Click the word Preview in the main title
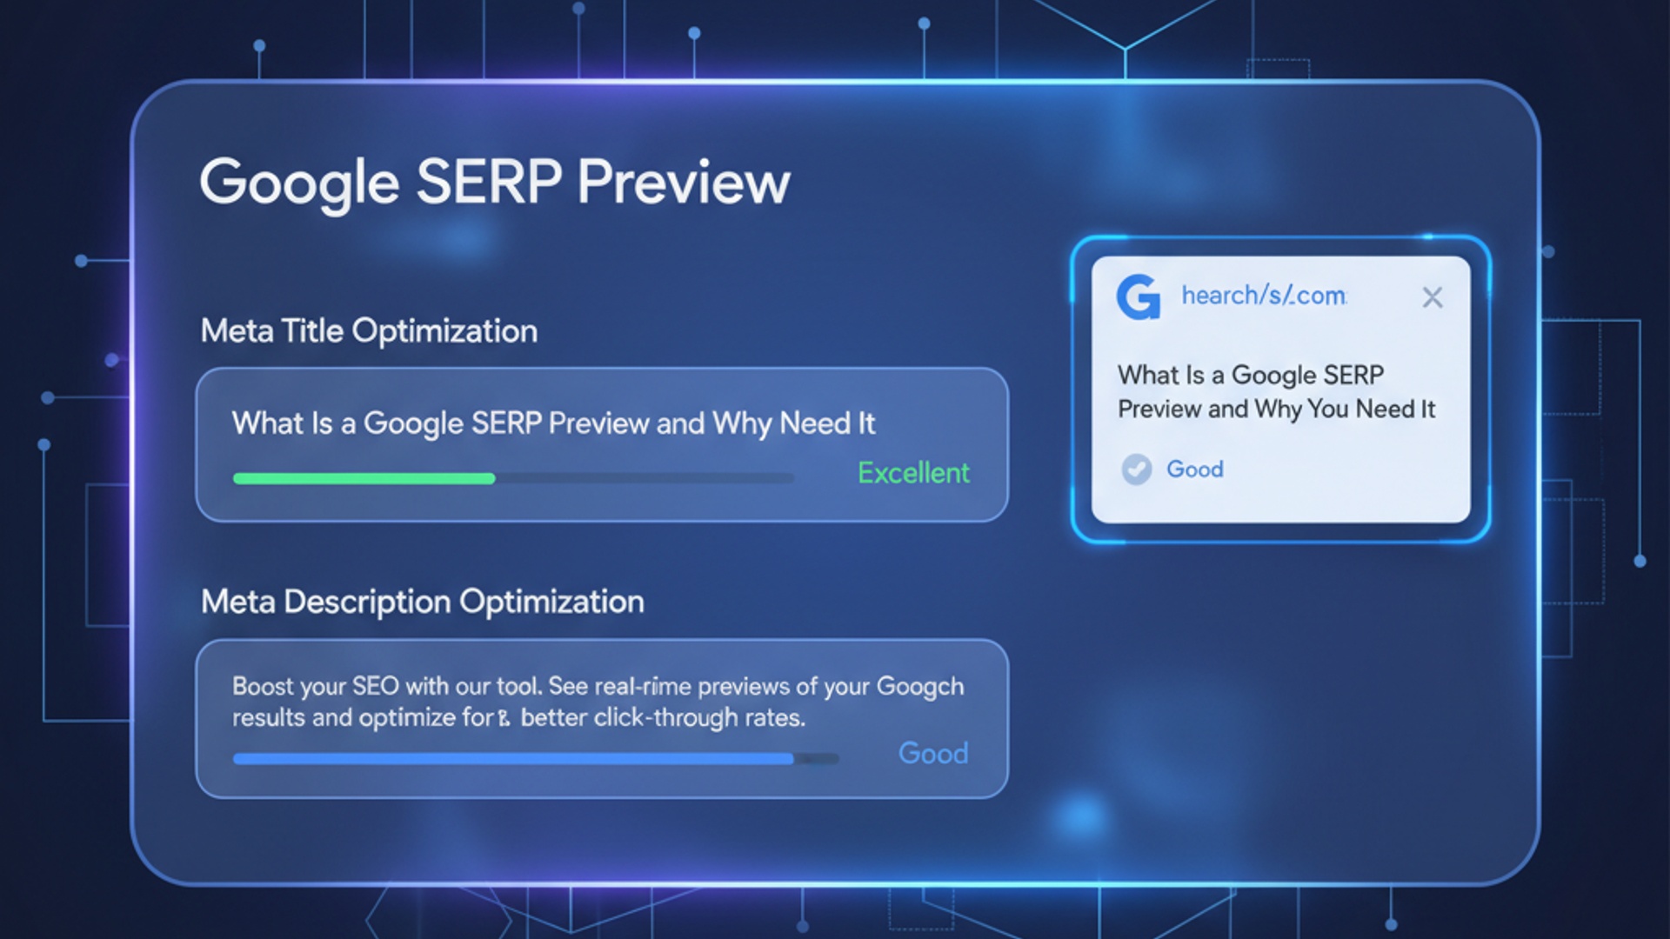pyautogui.click(x=684, y=183)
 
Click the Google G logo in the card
pyautogui.click(x=1139, y=297)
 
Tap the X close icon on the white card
pyautogui.click(x=1432, y=297)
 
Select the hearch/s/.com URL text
pyautogui.click(x=1264, y=296)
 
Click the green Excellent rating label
pyautogui.click(x=913, y=473)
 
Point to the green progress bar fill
pyautogui.click(x=364, y=478)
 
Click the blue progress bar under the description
pyautogui.click(x=513, y=759)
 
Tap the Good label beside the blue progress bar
pyautogui.click(x=932, y=753)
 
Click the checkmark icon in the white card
pyautogui.click(x=1136, y=469)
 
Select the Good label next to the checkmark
pyautogui.click(x=1194, y=469)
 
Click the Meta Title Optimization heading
pyautogui.click(x=369, y=331)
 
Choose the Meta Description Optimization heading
pyautogui.click(x=423, y=602)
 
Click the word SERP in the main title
pyautogui.click(x=489, y=183)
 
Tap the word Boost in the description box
pyautogui.click(x=263, y=687)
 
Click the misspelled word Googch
pyautogui.click(x=919, y=687)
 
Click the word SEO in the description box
pyautogui.click(x=375, y=687)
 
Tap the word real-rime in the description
pyautogui.click(x=642, y=687)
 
